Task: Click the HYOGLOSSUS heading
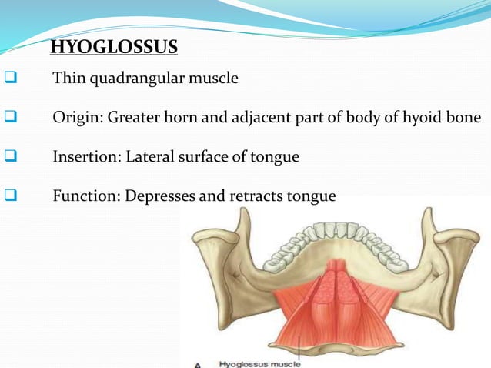pos(114,49)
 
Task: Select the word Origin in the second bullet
pos(75,118)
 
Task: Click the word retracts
pos(256,196)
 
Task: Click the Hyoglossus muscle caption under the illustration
pos(260,363)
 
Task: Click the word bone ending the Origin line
pos(466,118)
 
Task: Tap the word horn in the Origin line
pos(180,118)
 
